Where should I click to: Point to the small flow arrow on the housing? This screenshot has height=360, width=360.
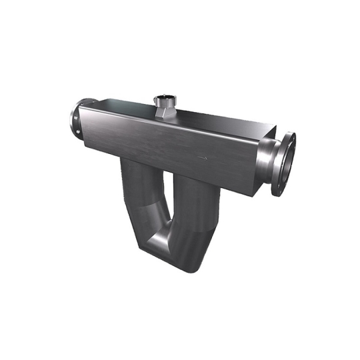point(201,158)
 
